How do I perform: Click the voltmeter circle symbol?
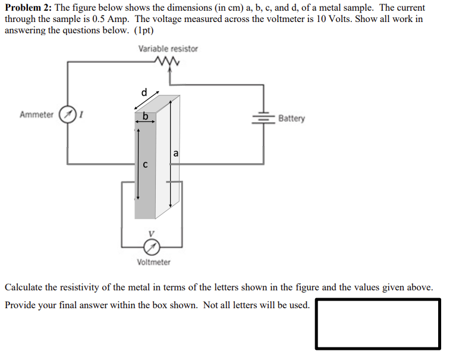coord(153,245)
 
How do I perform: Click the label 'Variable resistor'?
coord(168,49)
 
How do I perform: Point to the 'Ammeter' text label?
coord(36,115)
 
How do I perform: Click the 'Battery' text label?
coord(291,118)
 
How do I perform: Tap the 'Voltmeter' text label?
coord(153,262)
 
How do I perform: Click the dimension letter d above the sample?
coord(143,92)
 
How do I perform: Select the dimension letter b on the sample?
coord(144,115)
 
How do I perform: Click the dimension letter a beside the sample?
coord(176,154)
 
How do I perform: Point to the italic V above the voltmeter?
coord(152,233)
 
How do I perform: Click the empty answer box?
coord(378,324)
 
